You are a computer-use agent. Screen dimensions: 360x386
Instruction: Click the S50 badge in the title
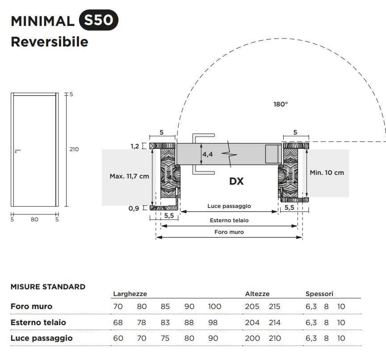tap(98, 21)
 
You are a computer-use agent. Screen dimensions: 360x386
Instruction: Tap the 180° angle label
tap(281, 104)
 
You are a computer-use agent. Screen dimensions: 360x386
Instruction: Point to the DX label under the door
tap(236, 181)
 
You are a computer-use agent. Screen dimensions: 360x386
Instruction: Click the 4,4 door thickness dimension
tap(207, 154)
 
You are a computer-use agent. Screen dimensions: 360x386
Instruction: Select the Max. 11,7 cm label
tap(129, 176)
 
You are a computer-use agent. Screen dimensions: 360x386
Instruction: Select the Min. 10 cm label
tap(327, 172)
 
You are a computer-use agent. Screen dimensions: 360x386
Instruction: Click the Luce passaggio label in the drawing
tap(229, 206)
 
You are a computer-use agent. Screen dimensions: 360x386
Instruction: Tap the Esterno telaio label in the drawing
tap(229, 220)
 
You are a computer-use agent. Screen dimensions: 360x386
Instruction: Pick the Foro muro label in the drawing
tap(229, 232)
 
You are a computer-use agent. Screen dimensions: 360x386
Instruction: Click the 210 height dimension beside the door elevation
tap(74, 149)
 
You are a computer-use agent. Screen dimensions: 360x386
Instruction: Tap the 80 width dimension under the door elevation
tap(35, 219)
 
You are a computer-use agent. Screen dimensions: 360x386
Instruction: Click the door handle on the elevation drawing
tap(17, 151)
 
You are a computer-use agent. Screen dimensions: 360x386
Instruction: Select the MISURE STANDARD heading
tap(48, 287)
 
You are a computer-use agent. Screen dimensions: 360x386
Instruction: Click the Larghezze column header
tap(130, 294)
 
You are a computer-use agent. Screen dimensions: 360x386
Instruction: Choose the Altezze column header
tap(257, 294)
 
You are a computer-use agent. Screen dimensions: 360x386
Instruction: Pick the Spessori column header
tap(319, 294)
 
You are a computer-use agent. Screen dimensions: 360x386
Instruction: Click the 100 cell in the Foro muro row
tap(214, 306)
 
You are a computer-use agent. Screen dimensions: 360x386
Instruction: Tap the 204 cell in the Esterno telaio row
tap(252, 322)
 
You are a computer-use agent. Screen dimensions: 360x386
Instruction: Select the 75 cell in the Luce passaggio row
tap(165, 338)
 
